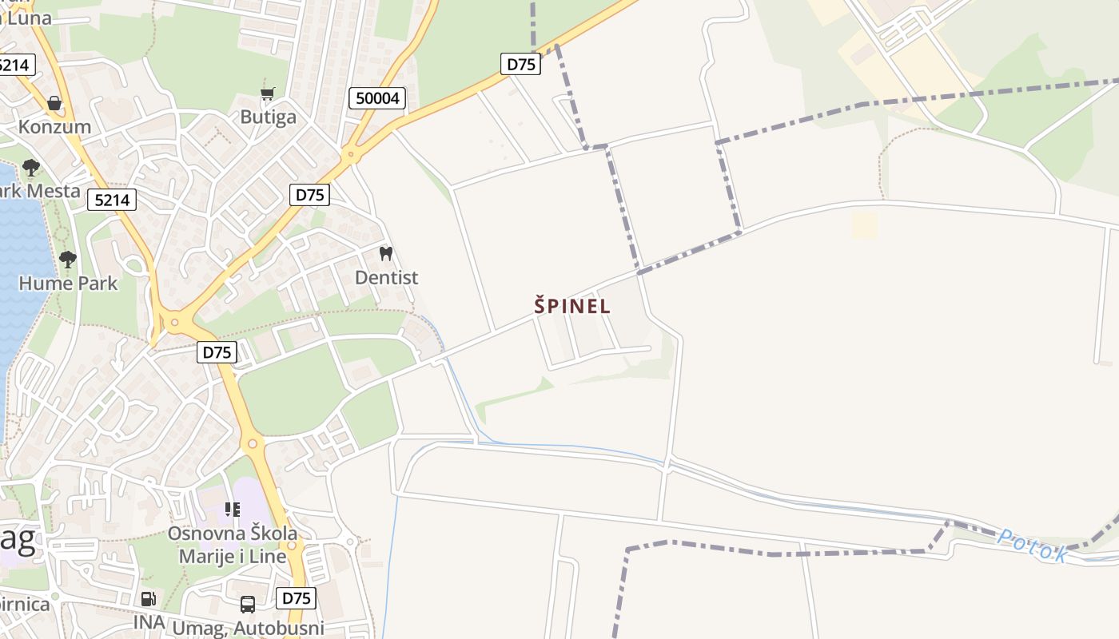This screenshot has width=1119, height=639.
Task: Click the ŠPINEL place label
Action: pyautogui.click(x=572, y=305)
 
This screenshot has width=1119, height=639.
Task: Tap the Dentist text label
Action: pyautogui.click(x=386, y=277)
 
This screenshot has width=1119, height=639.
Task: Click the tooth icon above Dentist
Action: pyautogui.click(x=386, y=254)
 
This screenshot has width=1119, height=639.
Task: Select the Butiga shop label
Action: pyautogui.click(x=268, y=117)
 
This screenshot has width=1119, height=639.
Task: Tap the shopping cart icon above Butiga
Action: pyautogui.click(x=268, y=94)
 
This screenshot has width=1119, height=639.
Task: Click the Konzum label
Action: pyautogui.click(x=54, y=126)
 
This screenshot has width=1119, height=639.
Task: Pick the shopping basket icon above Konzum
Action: pyautogui.click(x=54, y=103)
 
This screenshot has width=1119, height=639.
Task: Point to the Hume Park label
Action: pyautogui.click(x=68, y=283)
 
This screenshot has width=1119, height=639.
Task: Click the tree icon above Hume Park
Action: pyautogui.click(x=68, y=259)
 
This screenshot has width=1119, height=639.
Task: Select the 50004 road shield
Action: pyautogui.click(x=377, y=98)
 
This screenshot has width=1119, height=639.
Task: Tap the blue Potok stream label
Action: pyautogui.click(x=1032, y=546)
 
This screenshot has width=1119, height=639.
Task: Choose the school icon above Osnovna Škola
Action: pyautogui.click(x=233, y=509)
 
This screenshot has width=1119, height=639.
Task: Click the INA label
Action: pyautogui.click(x=149, y=621)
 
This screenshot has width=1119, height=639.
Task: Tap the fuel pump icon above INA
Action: pyautogui.click(x=149, y=598)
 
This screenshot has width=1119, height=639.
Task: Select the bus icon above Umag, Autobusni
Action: pyautogui.click(x=248, y=605)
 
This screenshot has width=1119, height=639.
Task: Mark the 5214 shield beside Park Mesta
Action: pyautogui.click(x=112, y=199)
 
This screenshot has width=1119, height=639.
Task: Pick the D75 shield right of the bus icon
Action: pyautogui.click(x=296, y=597)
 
